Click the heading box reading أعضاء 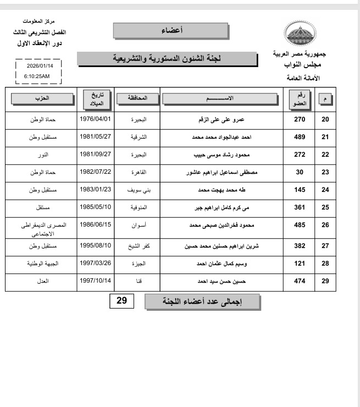[x=170, y=30]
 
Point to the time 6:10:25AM [x=37, y=76]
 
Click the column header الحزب [x=41, y=98]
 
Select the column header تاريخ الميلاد [x=96, y=99]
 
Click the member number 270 [x=299, y=119]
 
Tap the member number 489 [x=299, y=137]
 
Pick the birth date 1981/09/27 [x=96, y=154]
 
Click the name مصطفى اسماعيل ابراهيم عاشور [x=223, y=173]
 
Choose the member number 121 [x=299, y=264]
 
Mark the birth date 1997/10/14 [x=96, y=280]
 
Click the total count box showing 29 [x=121, y=301]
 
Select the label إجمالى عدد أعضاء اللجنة [x=202, y=301]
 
